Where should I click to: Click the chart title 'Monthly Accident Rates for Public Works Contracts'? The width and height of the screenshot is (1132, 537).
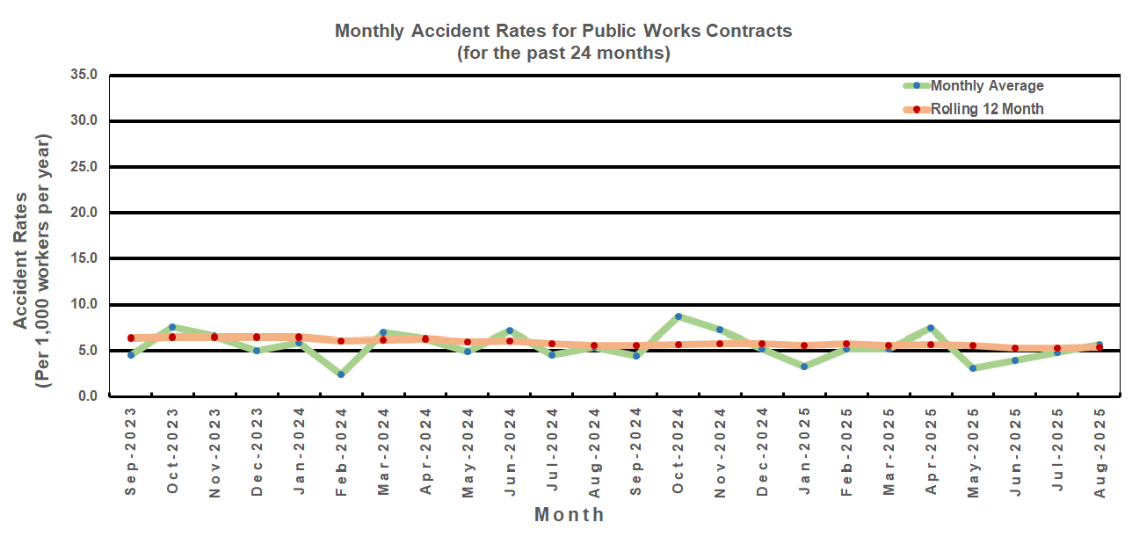click(563, 31)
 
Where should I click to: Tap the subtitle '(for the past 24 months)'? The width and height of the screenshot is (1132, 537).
click(563, 53)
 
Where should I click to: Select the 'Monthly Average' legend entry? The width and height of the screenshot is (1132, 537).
click(986, 85)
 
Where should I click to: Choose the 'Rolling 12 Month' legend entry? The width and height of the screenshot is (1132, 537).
click(986, 109)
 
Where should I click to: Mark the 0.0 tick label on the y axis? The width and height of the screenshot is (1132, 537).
click(88, 396)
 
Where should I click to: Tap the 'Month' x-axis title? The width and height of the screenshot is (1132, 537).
click(569, 514)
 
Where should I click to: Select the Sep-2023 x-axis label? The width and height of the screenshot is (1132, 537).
click(131, 451)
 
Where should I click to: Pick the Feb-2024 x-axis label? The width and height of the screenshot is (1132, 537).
click(341, 451)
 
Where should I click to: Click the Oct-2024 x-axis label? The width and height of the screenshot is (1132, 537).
click(678, 451)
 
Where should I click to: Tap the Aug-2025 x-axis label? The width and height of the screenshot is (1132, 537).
click(1099, 451)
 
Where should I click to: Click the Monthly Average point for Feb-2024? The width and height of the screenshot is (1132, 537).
click(341, 374)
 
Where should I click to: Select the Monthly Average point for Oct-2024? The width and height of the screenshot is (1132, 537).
click(678, 316)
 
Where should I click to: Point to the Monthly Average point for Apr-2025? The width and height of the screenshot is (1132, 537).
click(931, 328)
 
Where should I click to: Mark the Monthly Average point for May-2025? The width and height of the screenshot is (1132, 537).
click(973, 368)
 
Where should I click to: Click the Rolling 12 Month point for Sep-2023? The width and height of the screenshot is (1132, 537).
click(131, 337)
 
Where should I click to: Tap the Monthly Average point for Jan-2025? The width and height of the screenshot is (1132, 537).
click(804, 366)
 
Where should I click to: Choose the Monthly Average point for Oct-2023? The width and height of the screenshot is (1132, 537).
click(172, 327)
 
